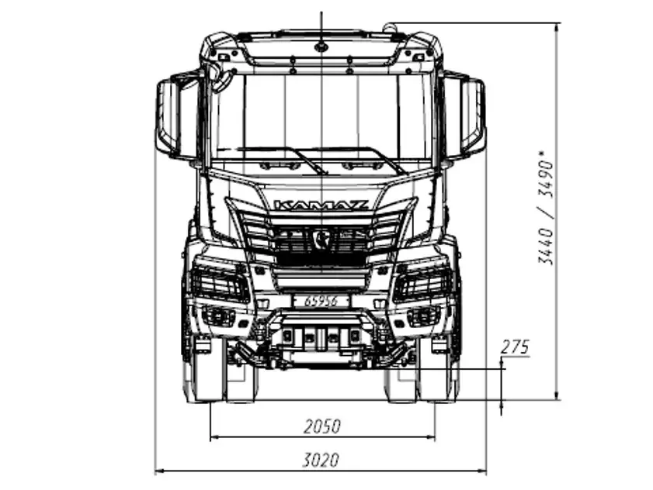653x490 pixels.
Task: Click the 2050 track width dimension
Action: coord(322,426)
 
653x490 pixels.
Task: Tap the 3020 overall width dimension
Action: coord(321,461)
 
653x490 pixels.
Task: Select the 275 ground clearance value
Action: coord(515,347)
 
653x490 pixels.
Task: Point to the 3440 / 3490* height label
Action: coord(546,208)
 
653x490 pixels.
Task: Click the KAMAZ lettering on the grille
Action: coord(321,205)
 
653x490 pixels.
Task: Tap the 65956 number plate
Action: coord(321,301)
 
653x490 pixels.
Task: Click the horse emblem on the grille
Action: coord(321,239)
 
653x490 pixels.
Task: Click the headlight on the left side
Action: coord(220,282)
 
